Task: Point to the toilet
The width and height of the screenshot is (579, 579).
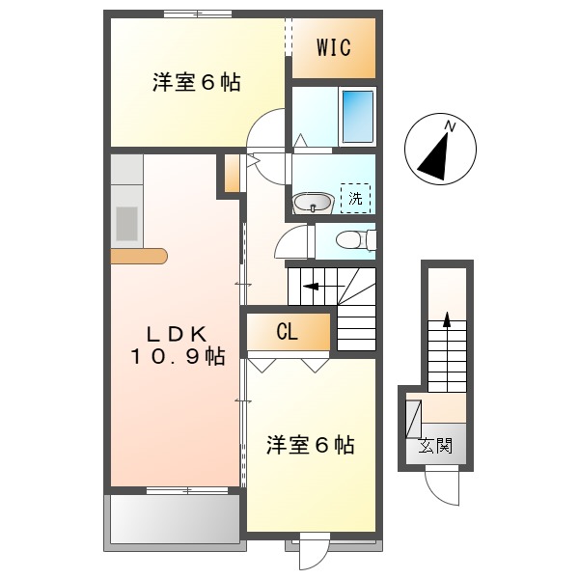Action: coord(351,240)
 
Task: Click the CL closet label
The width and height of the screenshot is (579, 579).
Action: coord(287,333)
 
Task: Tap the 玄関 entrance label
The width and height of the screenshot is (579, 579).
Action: coord(436,447)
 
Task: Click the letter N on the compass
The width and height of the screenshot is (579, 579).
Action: coord(450,126)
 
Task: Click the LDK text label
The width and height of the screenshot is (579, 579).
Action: coord(177,334)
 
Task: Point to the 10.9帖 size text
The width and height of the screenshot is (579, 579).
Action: coord(179,357)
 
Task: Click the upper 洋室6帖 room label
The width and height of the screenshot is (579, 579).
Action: coord(196,83)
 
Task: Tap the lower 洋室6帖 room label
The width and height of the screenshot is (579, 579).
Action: coord(310,445)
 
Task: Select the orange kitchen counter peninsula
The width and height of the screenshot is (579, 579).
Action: coord(139,256)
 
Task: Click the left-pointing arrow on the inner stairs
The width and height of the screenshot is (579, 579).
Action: coord(310,285)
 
